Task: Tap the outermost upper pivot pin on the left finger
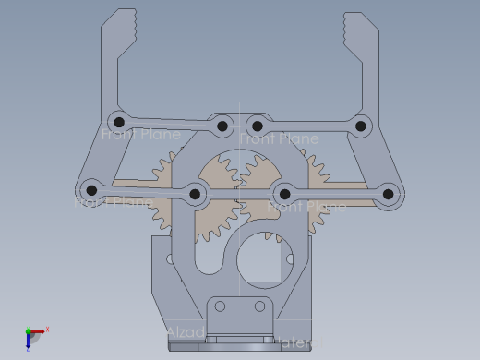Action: [117, 121]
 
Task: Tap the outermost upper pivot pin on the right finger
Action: [362, 126]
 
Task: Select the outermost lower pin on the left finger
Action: [90, 190]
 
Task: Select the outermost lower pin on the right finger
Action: [389, 195]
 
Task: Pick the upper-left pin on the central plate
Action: [222, 125]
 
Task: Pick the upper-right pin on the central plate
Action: [258, 126]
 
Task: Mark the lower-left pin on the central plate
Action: [196, 194]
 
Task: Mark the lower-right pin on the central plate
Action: [285, 194]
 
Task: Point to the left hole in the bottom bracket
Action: [220, 306]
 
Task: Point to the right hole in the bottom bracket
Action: [259, 306]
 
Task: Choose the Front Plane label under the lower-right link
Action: [306, 208]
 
